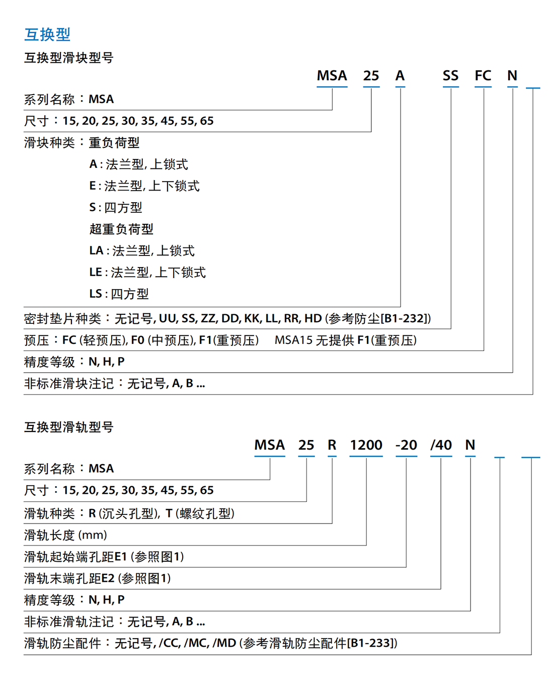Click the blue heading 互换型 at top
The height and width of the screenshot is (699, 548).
(47, 34)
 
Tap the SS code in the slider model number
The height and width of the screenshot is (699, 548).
(450, 76)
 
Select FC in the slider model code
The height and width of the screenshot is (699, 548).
(483, 76)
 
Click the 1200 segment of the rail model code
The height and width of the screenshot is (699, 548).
(366, 446)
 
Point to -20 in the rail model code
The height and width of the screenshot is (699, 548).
(406, 446)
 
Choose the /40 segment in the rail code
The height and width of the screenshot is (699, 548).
(441, 446)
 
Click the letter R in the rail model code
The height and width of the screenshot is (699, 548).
(332, 446)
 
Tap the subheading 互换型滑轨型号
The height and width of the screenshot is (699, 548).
(69, 427)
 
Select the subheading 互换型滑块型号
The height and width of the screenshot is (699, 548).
(69, 58)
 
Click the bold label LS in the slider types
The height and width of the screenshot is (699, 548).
(96, 294)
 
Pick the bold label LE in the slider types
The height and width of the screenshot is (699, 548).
(96, 272)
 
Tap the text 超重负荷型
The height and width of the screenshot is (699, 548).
(121, 229)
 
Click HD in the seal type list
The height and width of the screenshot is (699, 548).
(313, 318)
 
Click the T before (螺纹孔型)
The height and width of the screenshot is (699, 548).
(169, 513)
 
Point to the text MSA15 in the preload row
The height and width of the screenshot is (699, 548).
(294, 340)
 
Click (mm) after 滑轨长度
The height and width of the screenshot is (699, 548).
(93, 535)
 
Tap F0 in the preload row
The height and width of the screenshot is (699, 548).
(138, 340)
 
